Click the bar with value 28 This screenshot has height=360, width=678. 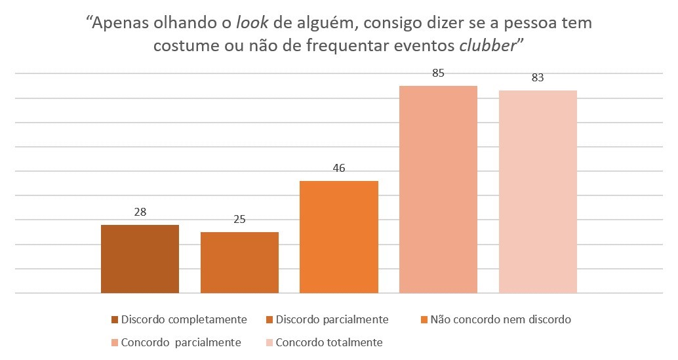140,259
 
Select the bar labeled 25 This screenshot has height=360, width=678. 239,262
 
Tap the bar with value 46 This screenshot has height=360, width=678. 339,237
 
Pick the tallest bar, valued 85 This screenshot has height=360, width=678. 438,190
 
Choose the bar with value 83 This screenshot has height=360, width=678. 538,191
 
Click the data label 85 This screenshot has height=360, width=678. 438,73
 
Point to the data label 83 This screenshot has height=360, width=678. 538,77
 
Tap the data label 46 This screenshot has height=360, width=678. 339,168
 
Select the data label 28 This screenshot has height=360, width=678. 140,212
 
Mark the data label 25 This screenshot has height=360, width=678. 239,219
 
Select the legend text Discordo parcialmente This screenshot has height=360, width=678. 332,319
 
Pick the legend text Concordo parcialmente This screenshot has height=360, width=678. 181,342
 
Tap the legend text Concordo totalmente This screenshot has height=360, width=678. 329,342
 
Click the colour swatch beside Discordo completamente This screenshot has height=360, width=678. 115,320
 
